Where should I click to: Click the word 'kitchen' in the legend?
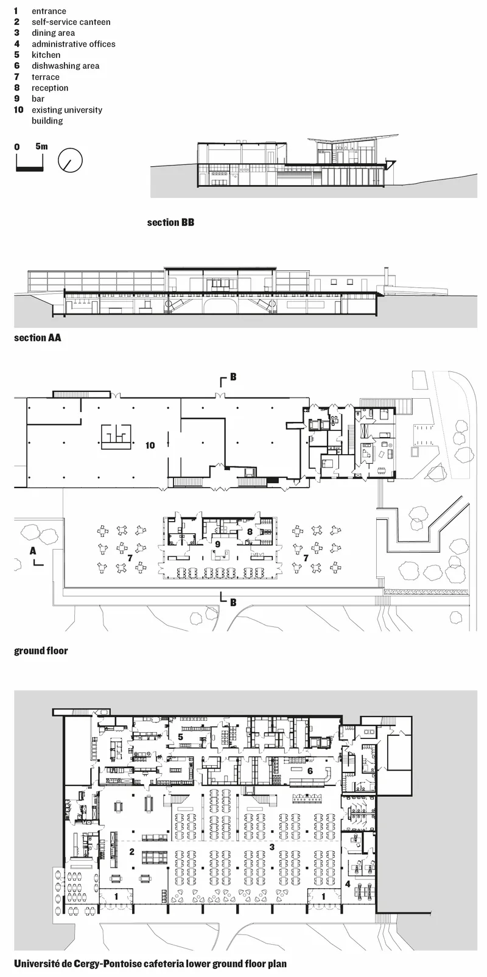coord(46,55)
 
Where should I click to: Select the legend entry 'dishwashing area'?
coord(65,66)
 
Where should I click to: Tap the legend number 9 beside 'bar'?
coord(16,99)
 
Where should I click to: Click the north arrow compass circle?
coord(70,160)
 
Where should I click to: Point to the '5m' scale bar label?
coord(42,147)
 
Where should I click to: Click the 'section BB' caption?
coord(170,222)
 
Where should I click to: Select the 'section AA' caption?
coord(38,338)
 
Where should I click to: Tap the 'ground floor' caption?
coord(41,651)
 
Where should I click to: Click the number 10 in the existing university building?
coord(150,446)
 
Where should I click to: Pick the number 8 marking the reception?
coord(250,531)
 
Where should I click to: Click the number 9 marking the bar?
coord(217,544)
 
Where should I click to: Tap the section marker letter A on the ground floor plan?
coord(33,551)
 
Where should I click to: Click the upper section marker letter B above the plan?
coord(233,376)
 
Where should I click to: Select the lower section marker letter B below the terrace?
coord(233,602)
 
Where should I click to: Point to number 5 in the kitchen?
coord(180,737)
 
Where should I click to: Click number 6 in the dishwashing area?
coord(310,771)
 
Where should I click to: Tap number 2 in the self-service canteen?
coord(131,852)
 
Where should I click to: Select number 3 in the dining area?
coord(272,847)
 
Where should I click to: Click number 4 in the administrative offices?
coord(348,884)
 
